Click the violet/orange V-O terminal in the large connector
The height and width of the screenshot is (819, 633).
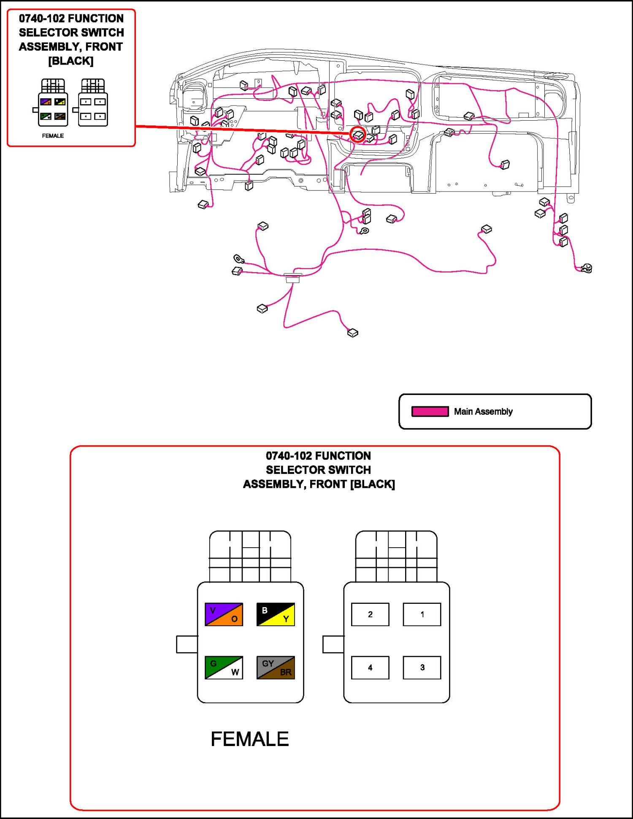pos(224,614)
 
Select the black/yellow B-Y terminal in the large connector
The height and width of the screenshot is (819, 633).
pos(276,614)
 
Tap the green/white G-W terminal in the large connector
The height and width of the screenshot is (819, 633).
pos(224,668)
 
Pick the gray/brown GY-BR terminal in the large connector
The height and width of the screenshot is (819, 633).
pos(276,668)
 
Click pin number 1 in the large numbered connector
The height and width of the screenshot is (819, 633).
pos(422,614)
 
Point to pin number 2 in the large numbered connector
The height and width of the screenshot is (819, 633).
pos(370,614)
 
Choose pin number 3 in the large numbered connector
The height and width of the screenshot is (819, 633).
pos(422,668)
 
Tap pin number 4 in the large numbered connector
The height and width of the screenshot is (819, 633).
pos(370,668)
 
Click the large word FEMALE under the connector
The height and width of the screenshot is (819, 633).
pos(249,739)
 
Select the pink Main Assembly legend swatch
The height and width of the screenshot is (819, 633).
pos(430,411)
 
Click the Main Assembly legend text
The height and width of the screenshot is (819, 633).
pos(483,411)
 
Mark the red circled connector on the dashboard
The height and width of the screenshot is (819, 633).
pos(358,135)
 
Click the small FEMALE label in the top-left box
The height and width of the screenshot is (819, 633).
pos(53,136)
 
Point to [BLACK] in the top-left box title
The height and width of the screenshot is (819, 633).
pos(71,61)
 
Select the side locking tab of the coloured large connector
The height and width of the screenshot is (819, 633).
pos(187,644)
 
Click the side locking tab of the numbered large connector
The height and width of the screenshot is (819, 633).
pos(333,644)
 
